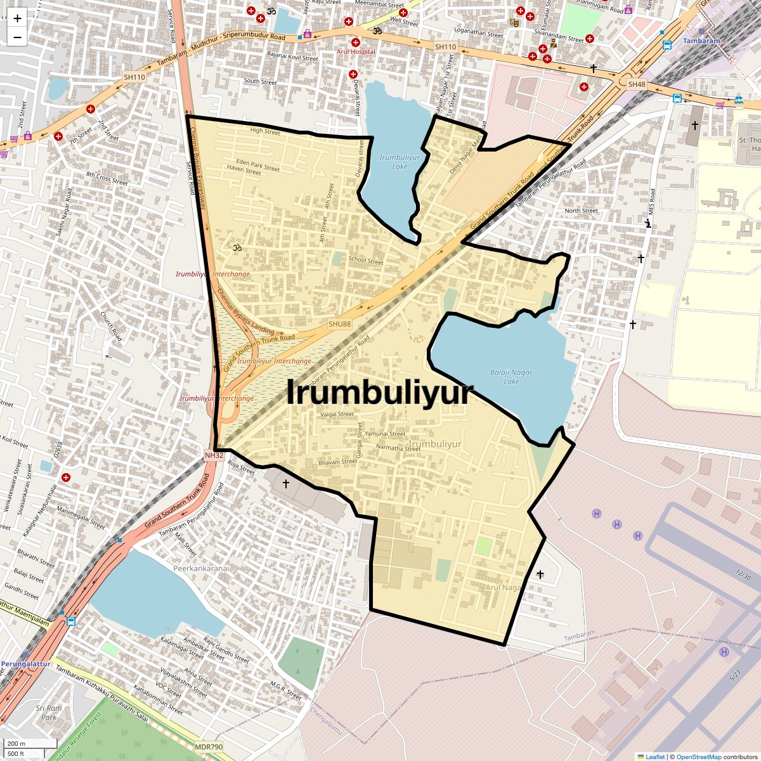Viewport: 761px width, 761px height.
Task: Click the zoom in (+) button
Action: (17, 18)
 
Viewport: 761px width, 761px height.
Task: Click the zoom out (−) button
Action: (17, 37)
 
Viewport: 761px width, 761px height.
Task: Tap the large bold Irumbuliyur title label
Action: (380, 393)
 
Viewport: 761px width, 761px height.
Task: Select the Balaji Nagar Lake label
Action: (511, 377)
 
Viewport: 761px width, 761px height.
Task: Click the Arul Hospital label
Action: (356, 51)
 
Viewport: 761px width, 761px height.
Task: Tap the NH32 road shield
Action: (214, 455)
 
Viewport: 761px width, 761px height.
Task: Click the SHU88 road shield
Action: (339, 324)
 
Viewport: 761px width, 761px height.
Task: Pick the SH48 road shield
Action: (636, 84)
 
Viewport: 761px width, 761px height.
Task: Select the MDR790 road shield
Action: (209, 747)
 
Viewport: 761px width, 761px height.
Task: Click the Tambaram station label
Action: (701, 41)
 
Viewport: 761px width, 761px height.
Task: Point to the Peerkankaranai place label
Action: (201, 568)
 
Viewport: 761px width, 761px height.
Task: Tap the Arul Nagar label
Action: (503, 587)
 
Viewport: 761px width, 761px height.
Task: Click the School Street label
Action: (366, 260)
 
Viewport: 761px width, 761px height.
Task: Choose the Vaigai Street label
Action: (337, 414)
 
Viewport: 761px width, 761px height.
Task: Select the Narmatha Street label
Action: (398, 448)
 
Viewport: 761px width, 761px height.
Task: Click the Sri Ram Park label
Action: (49, 713)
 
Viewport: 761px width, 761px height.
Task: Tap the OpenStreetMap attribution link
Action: (698, 757)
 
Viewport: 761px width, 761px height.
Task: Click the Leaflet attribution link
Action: (654, 757)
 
